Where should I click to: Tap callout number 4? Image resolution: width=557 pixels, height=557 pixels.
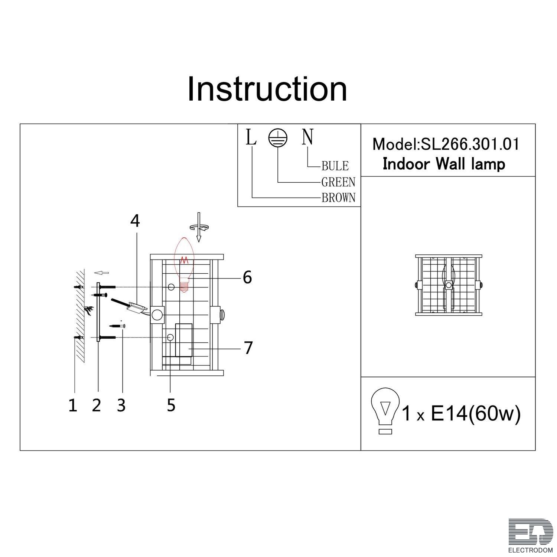pyautogui.click(x=135, y=221)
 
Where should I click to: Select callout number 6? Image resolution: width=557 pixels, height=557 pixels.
pyautogui.click(x=247, y=277)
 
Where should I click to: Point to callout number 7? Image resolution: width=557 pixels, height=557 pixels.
pyautogui.click(x=248, y=348)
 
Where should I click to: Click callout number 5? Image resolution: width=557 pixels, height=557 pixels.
pyautogui.click(x=171, y=405)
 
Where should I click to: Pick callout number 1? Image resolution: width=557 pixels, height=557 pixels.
pyautogui.click(x=73, y=405)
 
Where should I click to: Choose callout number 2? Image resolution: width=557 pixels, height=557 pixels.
pyautogui.click(x=97, y=405)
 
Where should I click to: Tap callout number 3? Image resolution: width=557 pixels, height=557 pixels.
pyautogui.click(x=121, y=405)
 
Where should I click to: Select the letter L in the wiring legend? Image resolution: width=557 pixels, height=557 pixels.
pyautogui.click(x=251, y=137)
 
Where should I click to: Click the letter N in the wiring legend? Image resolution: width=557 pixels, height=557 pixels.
pyautogui.click(x=307, y=137)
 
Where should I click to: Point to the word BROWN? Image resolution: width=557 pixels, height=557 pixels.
pyautogui.click(x=338, y=198)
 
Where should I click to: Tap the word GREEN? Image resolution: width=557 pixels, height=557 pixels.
pyautogui.click(x=338, y=182)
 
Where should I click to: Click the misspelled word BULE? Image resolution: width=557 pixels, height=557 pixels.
pyautogui.click(x=335, y=166)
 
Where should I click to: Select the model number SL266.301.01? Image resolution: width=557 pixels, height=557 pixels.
pyautogui.click(x=469, y=144)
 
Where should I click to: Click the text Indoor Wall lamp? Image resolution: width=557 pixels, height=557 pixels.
pyautogui.click(x=444, y=164)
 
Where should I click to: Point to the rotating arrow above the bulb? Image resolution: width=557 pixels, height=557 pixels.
pyautogui.click(x=199, y=227)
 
